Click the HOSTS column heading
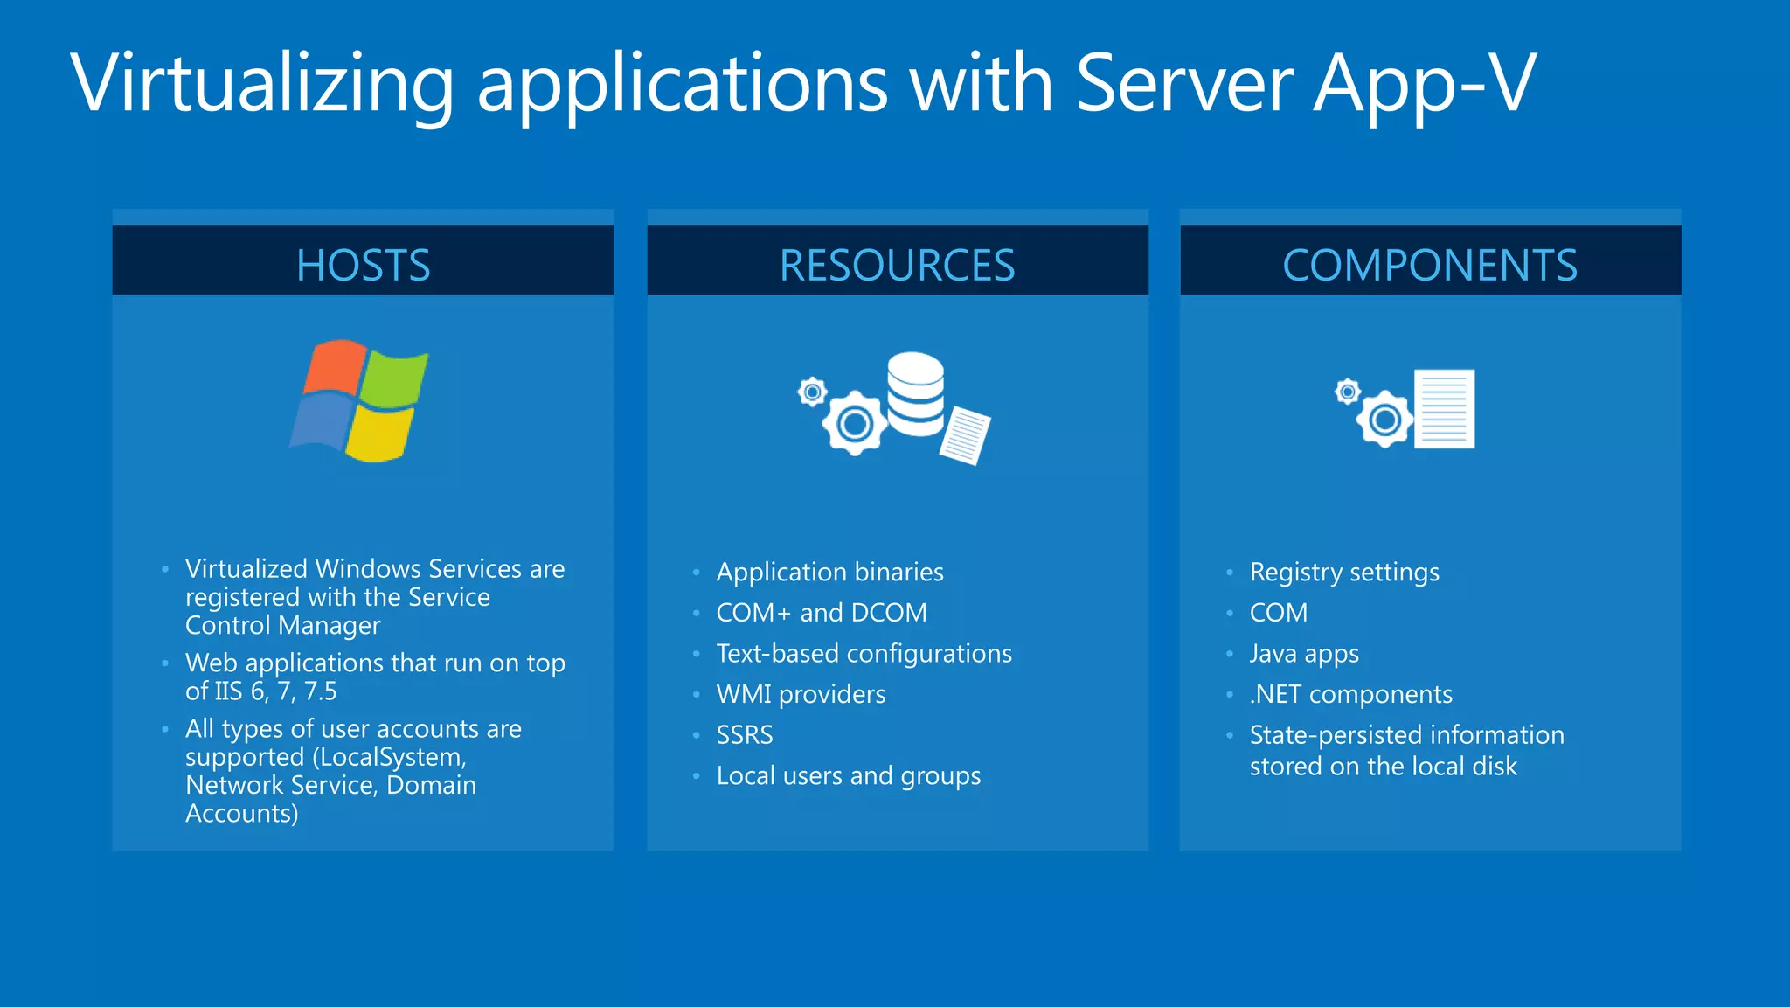pyautogui.click(x=363, y=265)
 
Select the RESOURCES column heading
pyautogui.click(x=897, y=265)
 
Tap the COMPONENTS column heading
pyautogui.click(x=1430, y=265)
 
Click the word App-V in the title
pyautogui.click(x=1425, y=83)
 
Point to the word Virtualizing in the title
pyautogui.click(x=262, y=83)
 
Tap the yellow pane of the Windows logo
pyautogui.click(x=379, y=433)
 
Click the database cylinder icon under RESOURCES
pyautogui.click(x=916, y=393)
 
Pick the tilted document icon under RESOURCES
pyautogui.click(x=965, y=435)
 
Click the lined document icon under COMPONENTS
pyautogui.click(x=1444, y=408)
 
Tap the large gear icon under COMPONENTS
pyautogui.click(x=1384, y=420)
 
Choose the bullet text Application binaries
pyautogui.click(x=829, y=572)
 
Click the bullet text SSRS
pyautogui.click(x=745, y=735)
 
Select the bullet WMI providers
pyautogui.click(x=801, y=694)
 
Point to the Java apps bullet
pyautogui.click(x=1304, y=654)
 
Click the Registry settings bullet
pyautogui.click(x=1344, y=572)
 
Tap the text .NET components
pyautogui.click(x=1350, y=694)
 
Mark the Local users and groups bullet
pyautogui.click(x=848, y=776)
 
